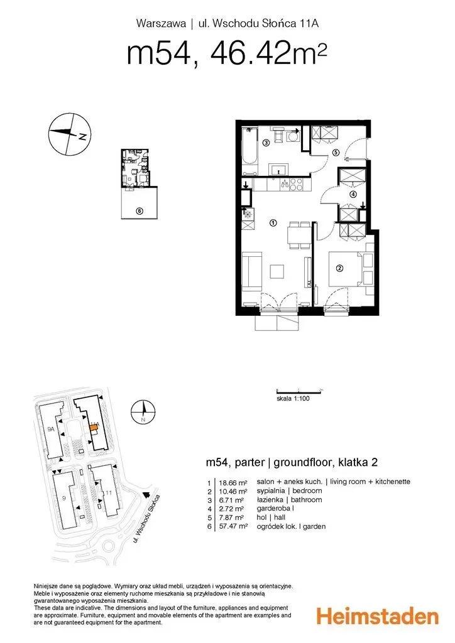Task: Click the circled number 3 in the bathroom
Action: point(266,143)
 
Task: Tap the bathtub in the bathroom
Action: point(249,151)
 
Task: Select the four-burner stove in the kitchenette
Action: point(296,185)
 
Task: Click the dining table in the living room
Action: point(299,235)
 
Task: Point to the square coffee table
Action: point(277,271)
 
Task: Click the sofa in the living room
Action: point(251,271)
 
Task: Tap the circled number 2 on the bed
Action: point(339,269)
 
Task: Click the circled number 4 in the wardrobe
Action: point(353,195)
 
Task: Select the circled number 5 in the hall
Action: point(336,153)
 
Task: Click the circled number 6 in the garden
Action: point(139,211)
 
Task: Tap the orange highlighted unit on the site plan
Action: point(94,428)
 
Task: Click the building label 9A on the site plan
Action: point(51,430)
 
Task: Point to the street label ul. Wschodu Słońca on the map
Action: point(146,519)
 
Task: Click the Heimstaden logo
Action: point(378,617)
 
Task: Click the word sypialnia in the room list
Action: point(271,491)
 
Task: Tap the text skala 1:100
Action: point(293,398)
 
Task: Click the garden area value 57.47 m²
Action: point(233,527)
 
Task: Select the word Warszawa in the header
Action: point(161,24)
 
